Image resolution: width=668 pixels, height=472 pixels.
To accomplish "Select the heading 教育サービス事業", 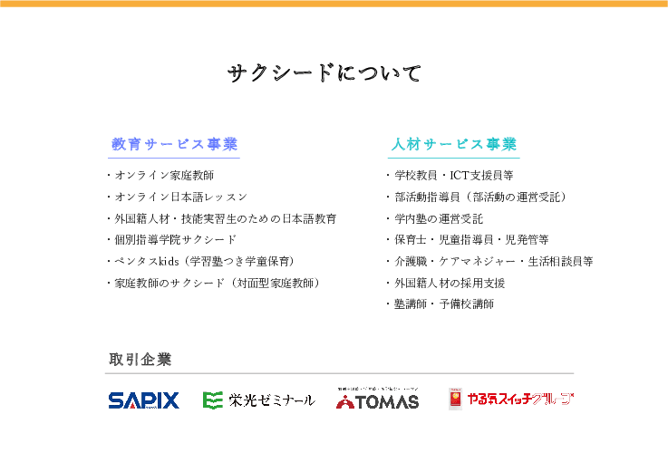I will point(175,145).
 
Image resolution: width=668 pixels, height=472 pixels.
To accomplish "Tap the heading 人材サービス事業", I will point(454,145).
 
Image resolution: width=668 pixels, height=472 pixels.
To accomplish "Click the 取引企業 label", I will point(140,360).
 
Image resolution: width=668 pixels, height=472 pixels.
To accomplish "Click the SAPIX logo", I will point(143,400).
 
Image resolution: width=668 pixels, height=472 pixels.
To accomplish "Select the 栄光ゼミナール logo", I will point(258,400).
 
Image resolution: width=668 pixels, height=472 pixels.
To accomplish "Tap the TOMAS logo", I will point(378,399).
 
